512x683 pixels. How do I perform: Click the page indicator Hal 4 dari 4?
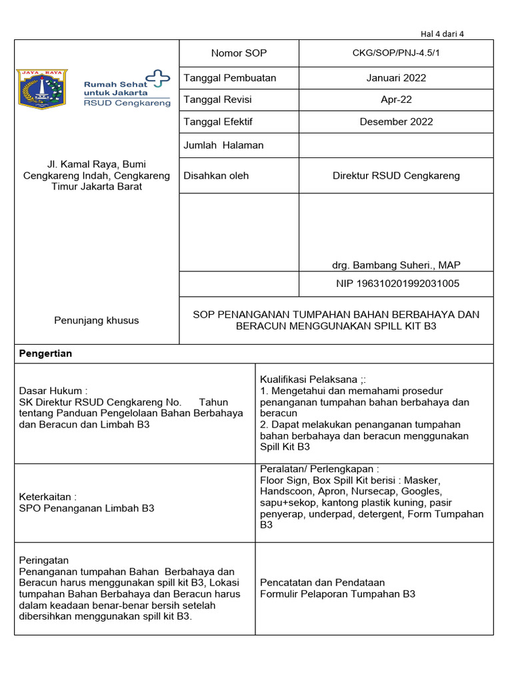coord(442,34)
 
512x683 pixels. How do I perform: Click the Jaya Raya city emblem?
coord(42,89)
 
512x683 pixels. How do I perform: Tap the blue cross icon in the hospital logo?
coord(158,79)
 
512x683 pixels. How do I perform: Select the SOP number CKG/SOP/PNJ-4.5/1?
coord(396,53)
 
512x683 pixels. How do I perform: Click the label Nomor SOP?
coord(239,53)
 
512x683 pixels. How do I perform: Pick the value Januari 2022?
coord(396,78)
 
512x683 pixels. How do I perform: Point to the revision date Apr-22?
coord(396,99)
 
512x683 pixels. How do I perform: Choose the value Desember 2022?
coord(396,121)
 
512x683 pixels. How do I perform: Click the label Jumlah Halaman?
coord(223,145)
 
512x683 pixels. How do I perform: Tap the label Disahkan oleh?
coord(216,175)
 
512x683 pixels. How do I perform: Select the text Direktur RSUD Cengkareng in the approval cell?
coord(396,175)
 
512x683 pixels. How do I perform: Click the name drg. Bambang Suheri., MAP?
coord(396,265)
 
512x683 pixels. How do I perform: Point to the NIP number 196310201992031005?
coord(397,283)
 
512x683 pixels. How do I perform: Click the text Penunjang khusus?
coord(97,320)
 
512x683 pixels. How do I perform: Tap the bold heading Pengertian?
coord(45,354)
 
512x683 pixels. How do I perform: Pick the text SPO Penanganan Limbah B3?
coord(87,508)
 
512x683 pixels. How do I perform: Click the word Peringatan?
coord(44,560)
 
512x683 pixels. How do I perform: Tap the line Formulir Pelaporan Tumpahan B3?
coord(337,594)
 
